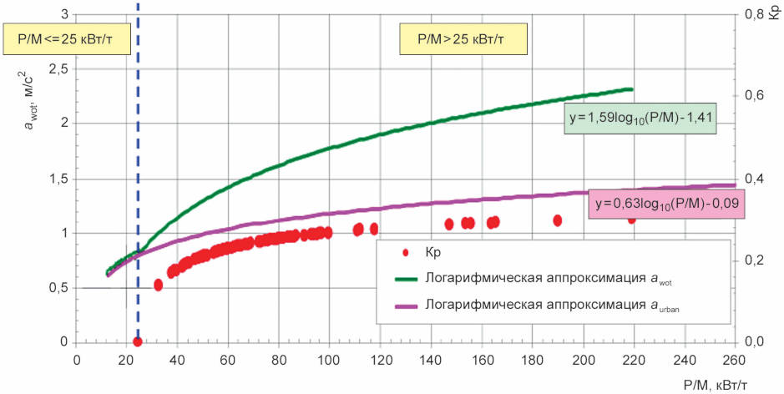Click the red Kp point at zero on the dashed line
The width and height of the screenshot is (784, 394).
[x=138, y=342]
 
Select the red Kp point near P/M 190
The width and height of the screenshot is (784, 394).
[x=558, y=220]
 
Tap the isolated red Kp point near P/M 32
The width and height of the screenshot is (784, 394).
[x=159, y=285]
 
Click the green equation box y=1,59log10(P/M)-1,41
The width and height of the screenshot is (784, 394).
[x=640, y=119]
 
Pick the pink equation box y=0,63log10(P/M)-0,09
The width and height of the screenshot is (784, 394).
[x=666, y=204]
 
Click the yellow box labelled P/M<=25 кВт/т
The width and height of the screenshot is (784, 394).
[x=67, y=39]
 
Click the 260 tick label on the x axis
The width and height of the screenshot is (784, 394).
[x=735, y=360]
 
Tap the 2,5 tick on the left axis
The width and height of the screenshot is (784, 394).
[x=60, y=69]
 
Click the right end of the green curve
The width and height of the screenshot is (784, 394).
[x=633, y=89]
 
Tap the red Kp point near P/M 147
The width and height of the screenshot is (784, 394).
[x=449, y=224]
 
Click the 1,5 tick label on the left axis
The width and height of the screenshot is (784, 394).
[x=60, y=179]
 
